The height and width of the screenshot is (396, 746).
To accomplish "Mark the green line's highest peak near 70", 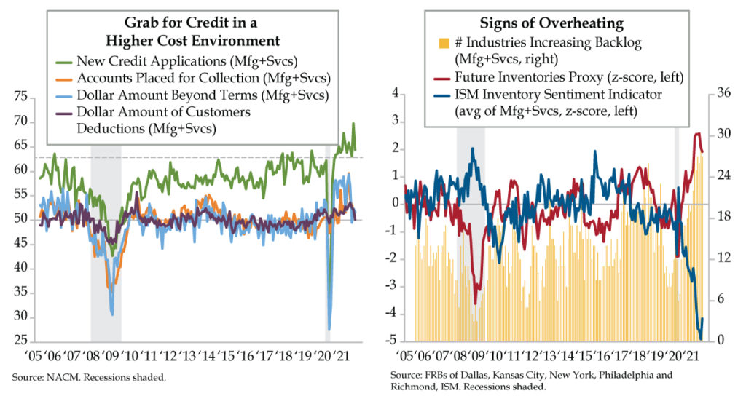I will [x=353, y=124].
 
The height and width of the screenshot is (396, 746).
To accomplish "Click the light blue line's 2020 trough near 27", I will [x=329, y=329].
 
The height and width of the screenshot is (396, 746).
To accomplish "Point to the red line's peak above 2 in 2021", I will [x=697, y=133].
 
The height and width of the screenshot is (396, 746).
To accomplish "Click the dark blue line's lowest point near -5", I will [x=701, y=339].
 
